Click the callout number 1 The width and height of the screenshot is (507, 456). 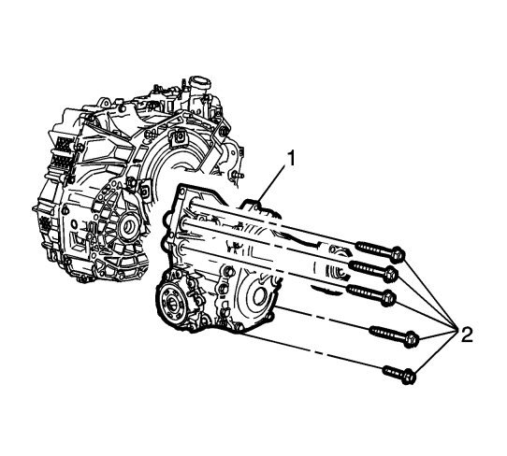[x=291, y=159]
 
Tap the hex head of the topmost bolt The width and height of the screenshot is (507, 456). [x=398, y=254]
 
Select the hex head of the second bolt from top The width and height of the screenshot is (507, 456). [x=391, y=275]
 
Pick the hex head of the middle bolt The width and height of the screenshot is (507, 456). [x=389, y=297]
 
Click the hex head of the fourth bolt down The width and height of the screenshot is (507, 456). [x=412, y=339]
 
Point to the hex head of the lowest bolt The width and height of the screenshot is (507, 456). [x=409, y=377]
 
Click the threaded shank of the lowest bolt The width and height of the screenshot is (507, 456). [x=392, y=372]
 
